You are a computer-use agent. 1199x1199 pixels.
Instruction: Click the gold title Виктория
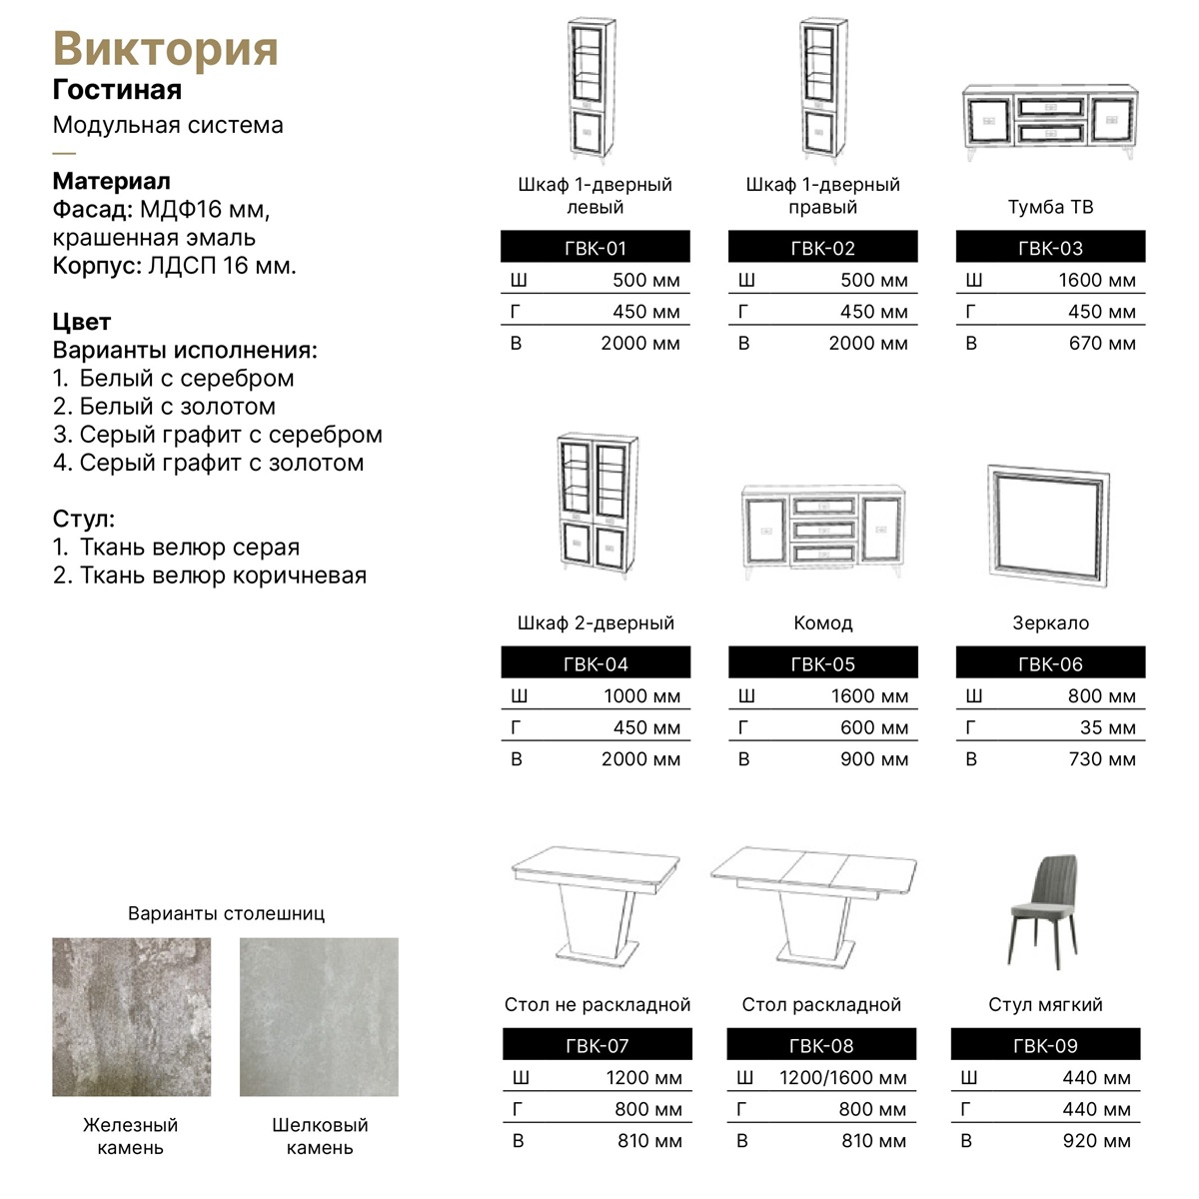coord(165,49)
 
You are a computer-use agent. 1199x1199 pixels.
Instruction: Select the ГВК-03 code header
coord(1050,248)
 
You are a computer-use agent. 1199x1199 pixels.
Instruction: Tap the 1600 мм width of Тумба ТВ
coord(1096,280)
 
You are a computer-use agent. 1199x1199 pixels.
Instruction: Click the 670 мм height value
coord(1102,343)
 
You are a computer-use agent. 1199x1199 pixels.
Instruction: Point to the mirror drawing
coord(1048,521)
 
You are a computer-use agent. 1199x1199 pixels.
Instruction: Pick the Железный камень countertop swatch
coord(131,1016)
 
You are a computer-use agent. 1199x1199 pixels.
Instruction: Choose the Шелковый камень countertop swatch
coord(319,1016)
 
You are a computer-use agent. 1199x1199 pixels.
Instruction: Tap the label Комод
coord(822,622)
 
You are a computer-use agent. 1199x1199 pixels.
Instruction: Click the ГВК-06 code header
coord(1050,663)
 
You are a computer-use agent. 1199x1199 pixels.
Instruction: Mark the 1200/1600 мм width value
coord(843,1077)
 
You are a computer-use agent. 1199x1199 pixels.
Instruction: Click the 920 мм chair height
coord(1096,1140)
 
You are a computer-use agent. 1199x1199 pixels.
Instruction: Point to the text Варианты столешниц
coord(226,913)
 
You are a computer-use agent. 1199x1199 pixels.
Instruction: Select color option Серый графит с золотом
coord(221,463)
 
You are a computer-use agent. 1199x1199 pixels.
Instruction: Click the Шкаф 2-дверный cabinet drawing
coord(597,503)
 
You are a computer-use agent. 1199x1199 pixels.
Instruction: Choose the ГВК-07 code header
coord(597,1045)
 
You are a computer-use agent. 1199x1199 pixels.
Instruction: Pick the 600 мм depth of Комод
coord(874,727)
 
